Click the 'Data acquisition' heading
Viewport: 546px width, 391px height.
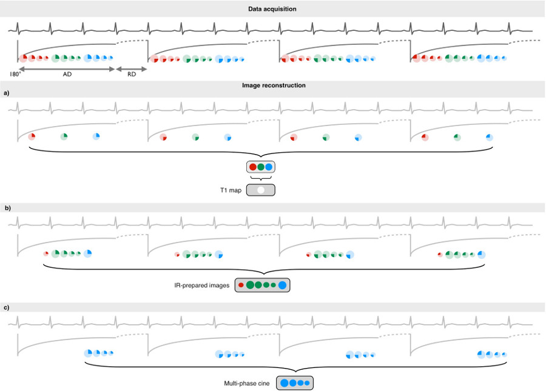click(272, 9)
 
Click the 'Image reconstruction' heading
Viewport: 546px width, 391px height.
click(273, 85)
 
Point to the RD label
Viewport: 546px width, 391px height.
click(132, 76)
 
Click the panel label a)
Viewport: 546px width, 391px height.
click(7, 93)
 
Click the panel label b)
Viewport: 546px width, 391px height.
click(7, 207)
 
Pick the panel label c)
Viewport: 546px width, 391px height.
click(7, 308)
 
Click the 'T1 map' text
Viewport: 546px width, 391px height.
click(231, 190)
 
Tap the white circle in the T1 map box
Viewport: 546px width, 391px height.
click(261, 190)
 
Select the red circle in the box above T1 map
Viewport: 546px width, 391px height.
click(252, 167)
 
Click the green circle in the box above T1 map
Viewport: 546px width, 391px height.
click(261, 167)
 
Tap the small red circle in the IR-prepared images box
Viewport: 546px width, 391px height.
click(241, 284)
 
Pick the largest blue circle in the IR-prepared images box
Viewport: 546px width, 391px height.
click(283, 284)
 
